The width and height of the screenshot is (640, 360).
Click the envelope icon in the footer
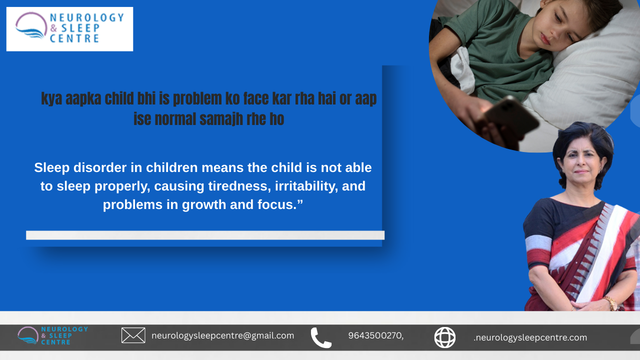133,335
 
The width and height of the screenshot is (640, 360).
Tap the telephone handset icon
321,337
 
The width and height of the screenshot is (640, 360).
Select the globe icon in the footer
445,337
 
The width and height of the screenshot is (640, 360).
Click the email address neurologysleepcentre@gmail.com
222,335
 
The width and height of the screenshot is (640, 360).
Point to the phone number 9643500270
375,335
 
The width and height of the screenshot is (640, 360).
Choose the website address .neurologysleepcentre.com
530,337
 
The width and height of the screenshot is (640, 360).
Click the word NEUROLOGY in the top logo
87,17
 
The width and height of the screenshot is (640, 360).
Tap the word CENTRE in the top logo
74,38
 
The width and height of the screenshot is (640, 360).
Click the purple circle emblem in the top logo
31,25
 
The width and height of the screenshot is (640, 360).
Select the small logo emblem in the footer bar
27,335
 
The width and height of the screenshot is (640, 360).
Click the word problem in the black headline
197,99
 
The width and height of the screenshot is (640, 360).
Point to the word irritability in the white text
306,186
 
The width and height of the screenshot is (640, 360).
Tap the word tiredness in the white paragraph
239,186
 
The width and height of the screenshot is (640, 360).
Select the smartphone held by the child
510,116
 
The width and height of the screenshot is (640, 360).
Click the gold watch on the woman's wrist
611,303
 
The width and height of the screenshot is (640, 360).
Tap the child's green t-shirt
503,51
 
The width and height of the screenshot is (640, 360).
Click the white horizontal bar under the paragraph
205,235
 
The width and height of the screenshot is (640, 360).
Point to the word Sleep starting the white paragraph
51,167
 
